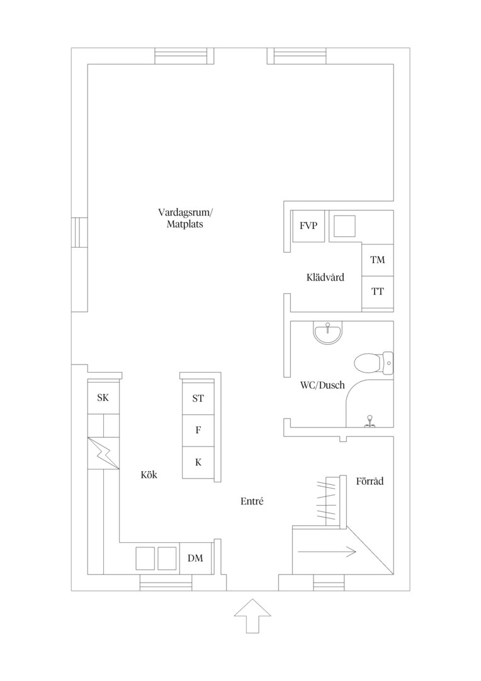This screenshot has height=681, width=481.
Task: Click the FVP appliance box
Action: tap(308, 226)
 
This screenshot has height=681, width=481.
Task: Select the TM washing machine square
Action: tap(378, 260)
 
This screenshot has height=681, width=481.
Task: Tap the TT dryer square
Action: tap(378, 291)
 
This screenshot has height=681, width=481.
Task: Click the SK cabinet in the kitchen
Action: tap(103, 397)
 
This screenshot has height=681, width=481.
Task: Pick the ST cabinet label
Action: tap(198, 399)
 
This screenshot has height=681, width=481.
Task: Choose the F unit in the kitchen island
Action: tap(198, 431)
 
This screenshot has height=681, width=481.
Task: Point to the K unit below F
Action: tap(198, 463)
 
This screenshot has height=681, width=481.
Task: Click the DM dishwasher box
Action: tap(196, 558)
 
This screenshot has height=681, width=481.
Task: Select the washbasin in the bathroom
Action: tap(327, 333)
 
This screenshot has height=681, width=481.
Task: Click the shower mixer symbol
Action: tap(370, 421)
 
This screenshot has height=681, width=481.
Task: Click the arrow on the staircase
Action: tap(327, 552)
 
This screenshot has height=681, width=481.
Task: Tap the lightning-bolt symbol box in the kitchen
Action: tap(103, 453)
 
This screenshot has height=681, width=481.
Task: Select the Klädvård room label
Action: tap(325, 277)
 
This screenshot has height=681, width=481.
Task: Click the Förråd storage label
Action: tap(370, 481)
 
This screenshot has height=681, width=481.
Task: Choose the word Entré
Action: tap(252, 501)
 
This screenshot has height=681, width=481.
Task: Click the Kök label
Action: tap(149, 475)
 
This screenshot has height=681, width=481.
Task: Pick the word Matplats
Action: tap(184, 224)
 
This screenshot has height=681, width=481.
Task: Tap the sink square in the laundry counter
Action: tap(345, 226)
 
